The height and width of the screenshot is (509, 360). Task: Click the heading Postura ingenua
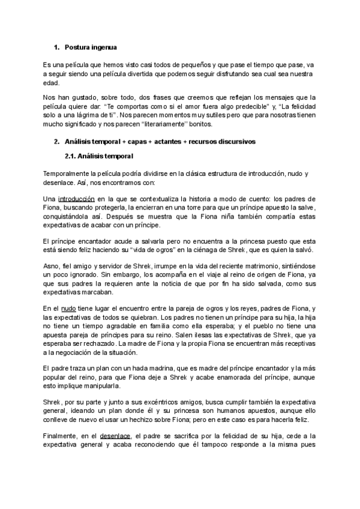tap(91, 47)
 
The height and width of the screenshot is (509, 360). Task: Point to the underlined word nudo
tap(69, 307)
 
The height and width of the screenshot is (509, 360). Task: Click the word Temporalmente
tap(69, 173)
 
